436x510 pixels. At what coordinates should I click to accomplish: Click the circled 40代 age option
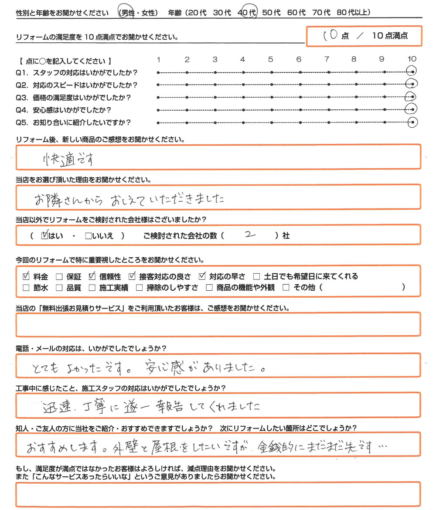click(x=247, y=13)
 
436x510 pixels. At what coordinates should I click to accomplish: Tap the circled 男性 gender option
click(x=127, y=13)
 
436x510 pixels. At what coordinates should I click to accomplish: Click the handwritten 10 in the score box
click(x=330, y=36)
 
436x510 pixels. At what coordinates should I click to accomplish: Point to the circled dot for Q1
click(x=411, y=71)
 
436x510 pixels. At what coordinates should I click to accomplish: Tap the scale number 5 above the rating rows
click(x=271, y=59)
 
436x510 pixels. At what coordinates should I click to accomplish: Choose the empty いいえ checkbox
click(x=89, y=236)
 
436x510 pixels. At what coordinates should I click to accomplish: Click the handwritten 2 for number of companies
click(x=249, y=235)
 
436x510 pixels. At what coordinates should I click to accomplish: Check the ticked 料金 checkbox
click(x=26, y=276)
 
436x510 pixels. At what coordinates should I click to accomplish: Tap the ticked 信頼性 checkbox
click(x=92, y=276)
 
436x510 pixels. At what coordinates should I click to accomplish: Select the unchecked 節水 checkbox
click(x=26, y=287)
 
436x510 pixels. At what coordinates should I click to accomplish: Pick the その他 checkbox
click(x=286, y=287)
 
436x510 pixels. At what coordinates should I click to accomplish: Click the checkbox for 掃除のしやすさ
click(x=139, y=287)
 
